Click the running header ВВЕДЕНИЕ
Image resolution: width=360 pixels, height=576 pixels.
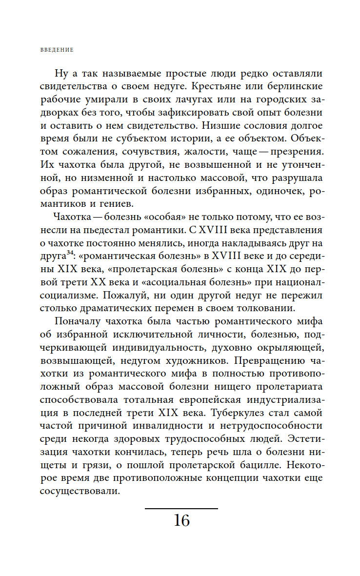(x=56, y=49)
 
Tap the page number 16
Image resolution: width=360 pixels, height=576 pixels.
(x=181, y=521)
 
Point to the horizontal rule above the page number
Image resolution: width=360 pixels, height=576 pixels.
(x=181, y=509)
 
